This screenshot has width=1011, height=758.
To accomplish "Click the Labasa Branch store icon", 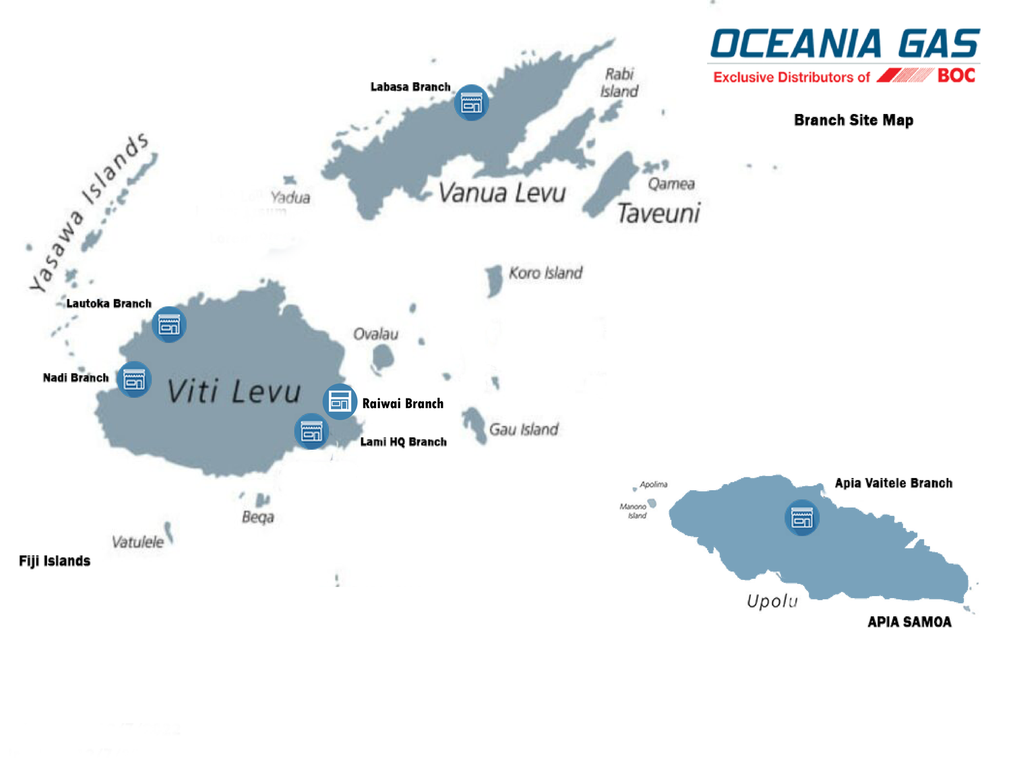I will click(471, 103).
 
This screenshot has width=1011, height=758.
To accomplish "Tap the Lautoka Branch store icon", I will click(168, 325).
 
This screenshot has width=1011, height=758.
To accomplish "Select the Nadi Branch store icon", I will click(134, 380).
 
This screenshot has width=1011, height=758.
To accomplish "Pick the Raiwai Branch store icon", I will click(340, 402).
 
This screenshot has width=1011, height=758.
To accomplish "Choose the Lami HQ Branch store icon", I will click(311, 431).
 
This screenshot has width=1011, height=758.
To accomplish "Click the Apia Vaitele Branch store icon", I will click(802, 518).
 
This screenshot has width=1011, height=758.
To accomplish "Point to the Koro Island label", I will click(545, 273).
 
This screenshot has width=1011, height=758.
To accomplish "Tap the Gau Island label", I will click(524, 430).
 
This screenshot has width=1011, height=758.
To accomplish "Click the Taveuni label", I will click(658, 213).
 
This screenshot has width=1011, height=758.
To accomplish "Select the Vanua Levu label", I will click(502, 193).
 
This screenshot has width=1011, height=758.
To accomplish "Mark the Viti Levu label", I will click(233, 392).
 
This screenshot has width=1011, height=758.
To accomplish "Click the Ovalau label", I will click(375, 334).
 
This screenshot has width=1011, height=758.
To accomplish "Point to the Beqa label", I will click(258, 517).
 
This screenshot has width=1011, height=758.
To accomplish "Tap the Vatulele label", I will click(137, 542).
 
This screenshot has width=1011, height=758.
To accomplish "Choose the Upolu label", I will click(772, 601).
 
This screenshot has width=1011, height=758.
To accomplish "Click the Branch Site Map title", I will click(853, 120).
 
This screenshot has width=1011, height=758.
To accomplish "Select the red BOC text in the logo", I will click(956, 76).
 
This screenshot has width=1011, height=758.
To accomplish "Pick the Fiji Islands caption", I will click(55, 561).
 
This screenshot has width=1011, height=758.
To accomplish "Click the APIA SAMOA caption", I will click(909, 622).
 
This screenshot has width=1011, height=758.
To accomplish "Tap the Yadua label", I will click(290, 198).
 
